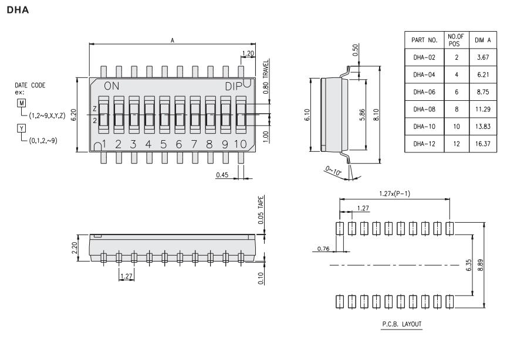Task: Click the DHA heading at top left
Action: click(18, 10)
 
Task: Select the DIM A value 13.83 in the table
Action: click(483, 127)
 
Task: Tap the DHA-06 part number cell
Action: click(424, 92)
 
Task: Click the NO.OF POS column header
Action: click(456, 40)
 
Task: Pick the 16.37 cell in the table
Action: click(483, 144)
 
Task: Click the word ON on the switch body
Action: click(111, 86)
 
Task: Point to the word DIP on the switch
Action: click(234, 86)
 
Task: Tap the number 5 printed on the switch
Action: click(164, 144)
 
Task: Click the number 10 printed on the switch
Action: click(240, 144)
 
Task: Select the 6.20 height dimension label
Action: click(73, 115)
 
